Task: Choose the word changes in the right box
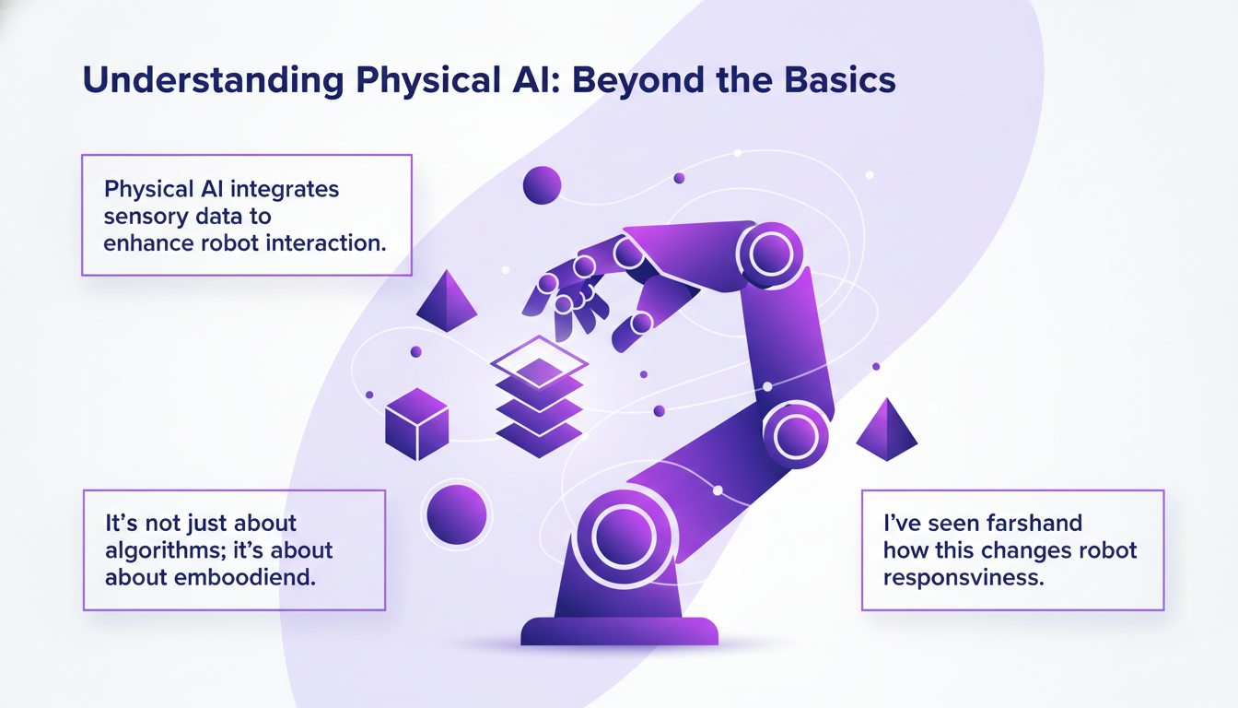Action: click(1018, 551)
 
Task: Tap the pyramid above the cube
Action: click(446, 301)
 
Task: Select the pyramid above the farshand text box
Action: click(886, 430)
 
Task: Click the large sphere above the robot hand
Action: click(542, 185)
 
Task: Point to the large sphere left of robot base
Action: click(456, 513)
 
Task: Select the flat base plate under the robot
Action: click(619, 631)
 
